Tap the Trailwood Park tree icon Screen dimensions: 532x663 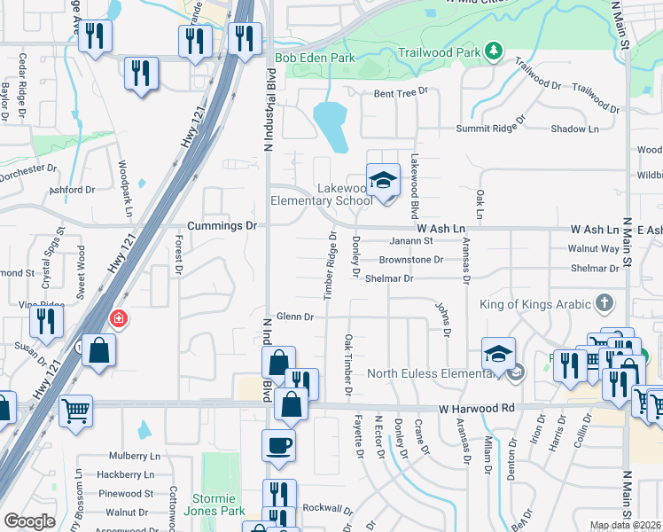click(x=493, y=52)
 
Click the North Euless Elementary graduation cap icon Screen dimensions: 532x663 click(x=499, y=354)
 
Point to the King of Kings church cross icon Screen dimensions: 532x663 click(x=605, y=304)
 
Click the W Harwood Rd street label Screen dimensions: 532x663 click(x=477, y=409)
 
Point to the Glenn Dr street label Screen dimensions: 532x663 click(x=295, y=317)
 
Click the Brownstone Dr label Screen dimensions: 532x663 click(x=410, y=259)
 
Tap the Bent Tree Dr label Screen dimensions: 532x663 click(x=401, y=91)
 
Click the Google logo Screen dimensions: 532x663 click(x=29, y=521)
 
